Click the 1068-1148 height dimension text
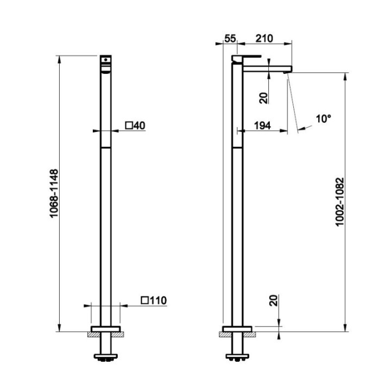click(x=54, y=193)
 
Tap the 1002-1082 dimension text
click(x=339, y=201)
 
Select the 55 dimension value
click(x=230, y=39)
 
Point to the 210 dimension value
click(x=264, y=39)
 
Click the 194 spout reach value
click(x=262, y=125)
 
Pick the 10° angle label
click(x=324, y=119)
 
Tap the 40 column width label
click(x=139, y=125)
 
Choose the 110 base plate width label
click(x=158, y=300)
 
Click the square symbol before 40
click(x=129, y=125)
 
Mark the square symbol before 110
click(x=145, y=300)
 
